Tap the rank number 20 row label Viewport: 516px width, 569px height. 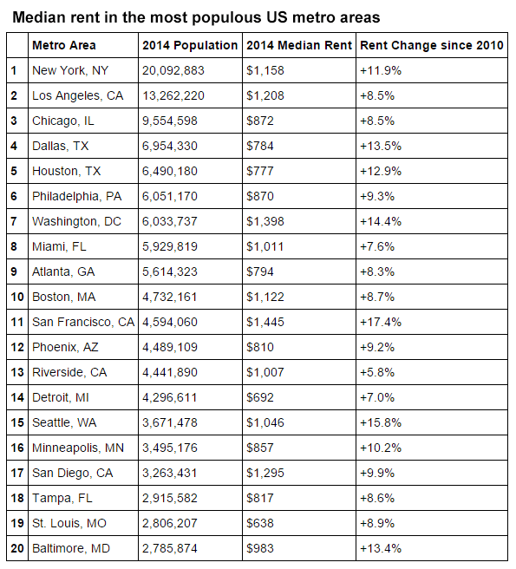(x=16, y=549)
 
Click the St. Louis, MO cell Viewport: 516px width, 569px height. (x=69, y=524)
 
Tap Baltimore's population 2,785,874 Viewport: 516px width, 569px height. (x=170, y=549)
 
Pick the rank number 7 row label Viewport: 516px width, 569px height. (x=13, y=222)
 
